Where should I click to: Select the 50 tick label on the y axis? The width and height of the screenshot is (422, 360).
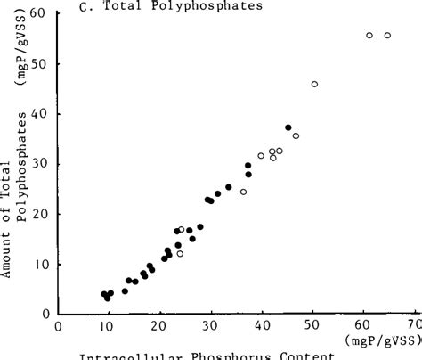37,64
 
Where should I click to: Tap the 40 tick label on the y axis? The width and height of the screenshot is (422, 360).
37,114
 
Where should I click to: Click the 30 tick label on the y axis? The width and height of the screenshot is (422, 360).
37,164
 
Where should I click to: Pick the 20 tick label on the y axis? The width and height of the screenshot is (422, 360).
37,214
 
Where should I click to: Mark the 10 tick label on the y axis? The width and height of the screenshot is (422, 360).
37,264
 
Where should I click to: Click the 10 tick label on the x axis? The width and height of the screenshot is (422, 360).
109,326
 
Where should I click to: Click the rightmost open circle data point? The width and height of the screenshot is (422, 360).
387,36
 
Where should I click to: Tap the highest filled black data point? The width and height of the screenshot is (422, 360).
288,127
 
